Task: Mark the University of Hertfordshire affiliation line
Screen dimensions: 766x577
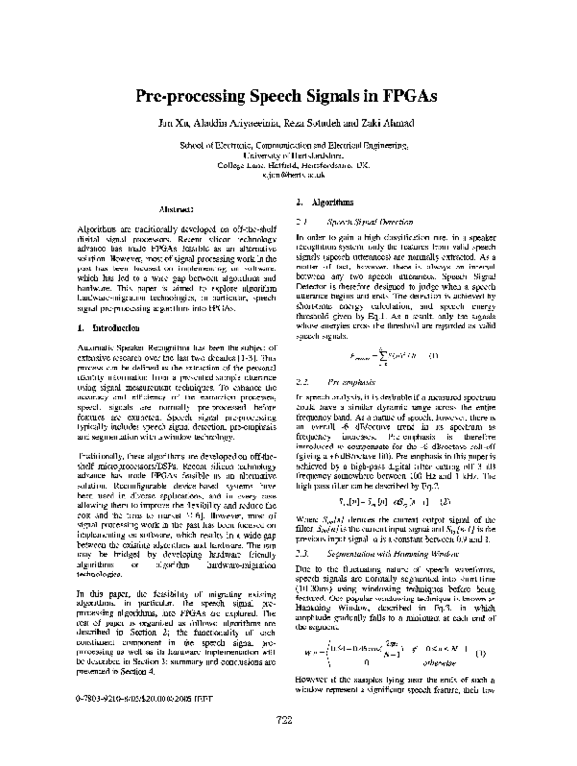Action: [x=288, y=155]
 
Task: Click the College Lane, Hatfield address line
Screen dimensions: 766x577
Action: [x=288, y=166]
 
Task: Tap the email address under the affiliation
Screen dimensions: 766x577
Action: [x=288, y=176]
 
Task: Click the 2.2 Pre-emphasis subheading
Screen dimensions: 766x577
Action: [x=336, y=382]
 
